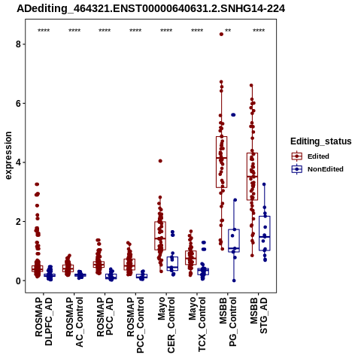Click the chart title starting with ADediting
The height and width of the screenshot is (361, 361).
click(151, 9)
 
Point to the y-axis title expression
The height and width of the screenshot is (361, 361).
click(8, 156)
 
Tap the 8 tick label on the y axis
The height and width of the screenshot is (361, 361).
click(18, 44)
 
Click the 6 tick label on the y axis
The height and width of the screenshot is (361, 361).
click(18, 103)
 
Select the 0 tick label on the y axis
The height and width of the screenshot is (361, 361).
click(18, 281)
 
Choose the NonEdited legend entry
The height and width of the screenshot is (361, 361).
click(317, 169)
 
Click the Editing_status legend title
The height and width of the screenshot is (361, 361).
click(321, 141)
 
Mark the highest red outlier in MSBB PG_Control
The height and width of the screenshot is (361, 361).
click(221, 35)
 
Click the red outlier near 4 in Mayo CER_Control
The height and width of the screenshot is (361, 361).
click(160, 161)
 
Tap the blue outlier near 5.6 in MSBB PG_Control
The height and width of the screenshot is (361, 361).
click(233, 115)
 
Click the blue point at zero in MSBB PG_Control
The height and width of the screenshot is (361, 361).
click(234, 281)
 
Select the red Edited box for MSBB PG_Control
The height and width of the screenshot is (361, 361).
click(222, 162)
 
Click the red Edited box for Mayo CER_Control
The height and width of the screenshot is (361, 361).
click(160, 235)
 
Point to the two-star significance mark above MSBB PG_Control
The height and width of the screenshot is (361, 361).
click(228, 30)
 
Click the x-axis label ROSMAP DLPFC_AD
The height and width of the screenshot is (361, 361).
click(44, 321)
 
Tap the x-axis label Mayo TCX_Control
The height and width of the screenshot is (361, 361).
click(197, 324)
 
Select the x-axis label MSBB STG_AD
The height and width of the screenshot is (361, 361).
click(259, 315)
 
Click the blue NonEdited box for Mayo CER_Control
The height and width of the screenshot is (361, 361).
click(172, 263)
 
